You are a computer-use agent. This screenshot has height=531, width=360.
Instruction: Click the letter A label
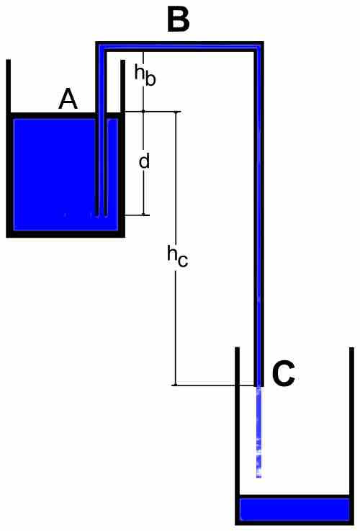pos(68,99)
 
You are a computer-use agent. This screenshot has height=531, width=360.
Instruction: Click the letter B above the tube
pos(179,20)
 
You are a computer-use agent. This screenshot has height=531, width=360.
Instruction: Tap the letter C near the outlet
pos(283,374)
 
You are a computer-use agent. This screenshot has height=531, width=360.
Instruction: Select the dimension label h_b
pos(145,76)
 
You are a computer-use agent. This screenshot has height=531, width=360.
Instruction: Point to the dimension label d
pos(144,161)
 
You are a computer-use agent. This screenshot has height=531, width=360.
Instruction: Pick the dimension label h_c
pos(177,257)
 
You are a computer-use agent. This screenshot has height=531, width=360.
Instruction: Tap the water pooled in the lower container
pos(294,509)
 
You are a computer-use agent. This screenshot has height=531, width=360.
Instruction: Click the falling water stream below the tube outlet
pos(259,432)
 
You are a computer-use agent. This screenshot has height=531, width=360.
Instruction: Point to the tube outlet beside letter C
pos(259,385)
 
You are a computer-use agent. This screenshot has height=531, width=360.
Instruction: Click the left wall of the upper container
pos(9,147)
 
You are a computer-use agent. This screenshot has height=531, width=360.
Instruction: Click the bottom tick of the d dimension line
pos(145,215)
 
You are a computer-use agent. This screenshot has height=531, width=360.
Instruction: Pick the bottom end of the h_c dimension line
pos(175,385)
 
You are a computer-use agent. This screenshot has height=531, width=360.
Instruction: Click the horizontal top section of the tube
pos(180,46)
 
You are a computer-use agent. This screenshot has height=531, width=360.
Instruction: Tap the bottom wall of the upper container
pos(66,234)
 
